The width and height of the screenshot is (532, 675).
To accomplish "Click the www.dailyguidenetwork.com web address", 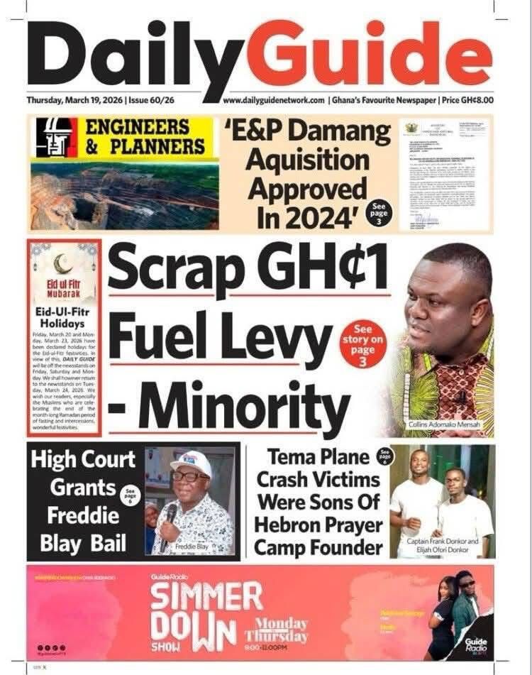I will pyautogui.click(x=274, y=101).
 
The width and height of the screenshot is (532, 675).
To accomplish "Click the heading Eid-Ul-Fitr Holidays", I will pyautogui.click(x=62, y=317).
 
